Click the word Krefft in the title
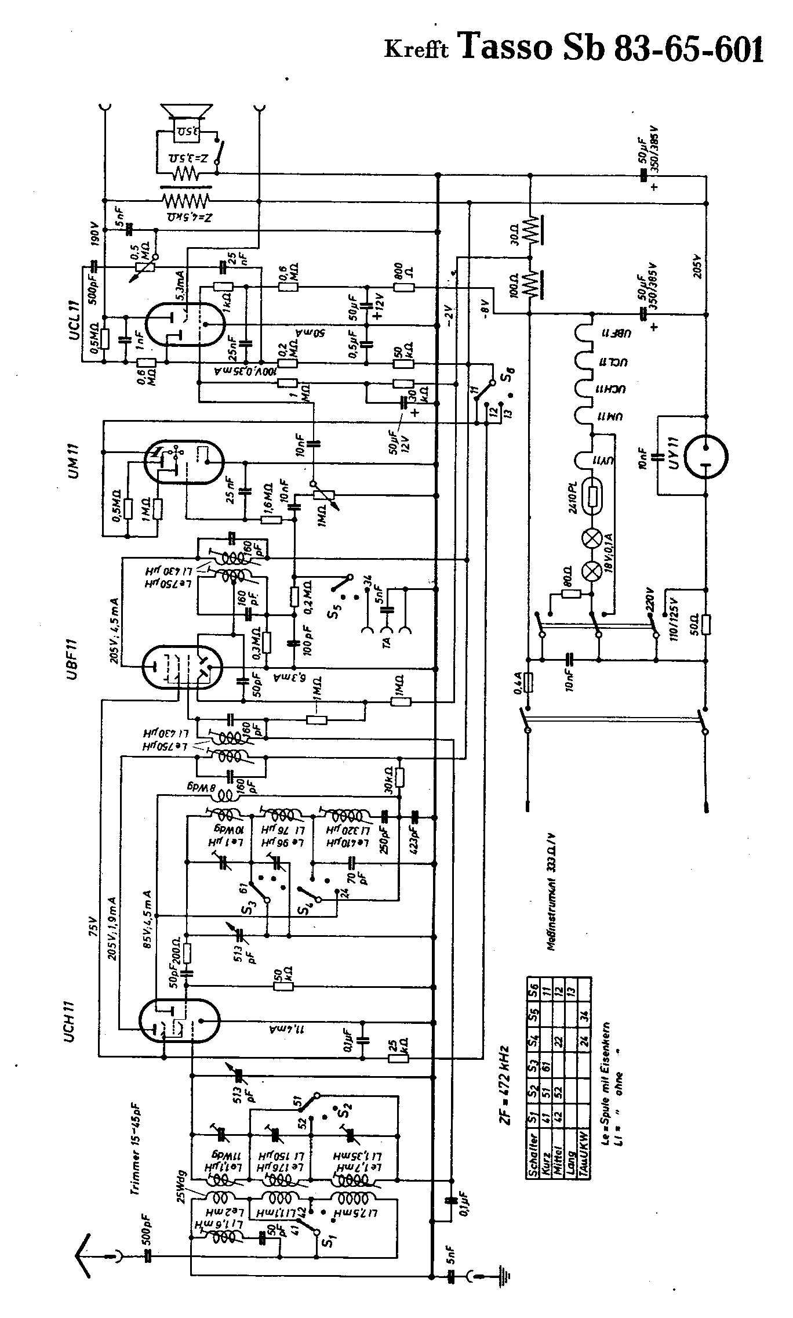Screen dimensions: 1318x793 click(417, 50)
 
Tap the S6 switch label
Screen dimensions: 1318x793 click(510, 371)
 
